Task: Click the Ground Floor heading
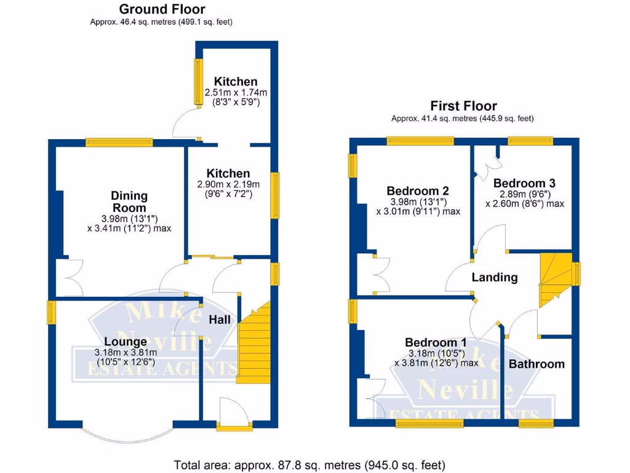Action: (162, 9)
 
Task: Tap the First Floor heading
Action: (463, 106)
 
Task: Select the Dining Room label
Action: (129, 202)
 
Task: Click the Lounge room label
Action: (126, 341)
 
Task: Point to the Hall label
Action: (220, 320)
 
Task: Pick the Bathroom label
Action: (536, 364)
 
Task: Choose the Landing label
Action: (495, 278)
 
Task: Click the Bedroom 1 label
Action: (436, 342)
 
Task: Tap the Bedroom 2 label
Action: (418, 191)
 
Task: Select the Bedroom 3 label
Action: (524, 183)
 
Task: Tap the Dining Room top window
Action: (119, 142)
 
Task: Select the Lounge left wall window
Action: (52, 312)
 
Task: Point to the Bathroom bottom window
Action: (535, 423)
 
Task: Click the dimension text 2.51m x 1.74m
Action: (236, 92)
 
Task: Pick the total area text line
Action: (309, 464)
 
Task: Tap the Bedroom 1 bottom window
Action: (429, 423)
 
